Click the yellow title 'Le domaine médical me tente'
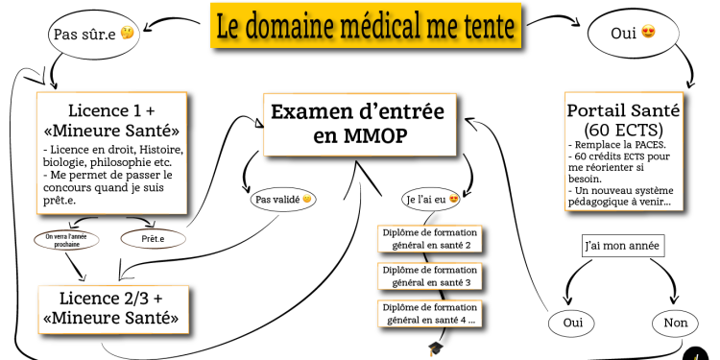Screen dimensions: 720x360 point(365,27)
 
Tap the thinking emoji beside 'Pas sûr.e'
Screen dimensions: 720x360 point(125,36)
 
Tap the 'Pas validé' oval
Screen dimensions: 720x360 point(282,200)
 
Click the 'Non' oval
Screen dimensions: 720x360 point(675,323)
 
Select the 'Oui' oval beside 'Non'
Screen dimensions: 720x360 point(572,323)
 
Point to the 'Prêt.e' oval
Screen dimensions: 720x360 point(152,236)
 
